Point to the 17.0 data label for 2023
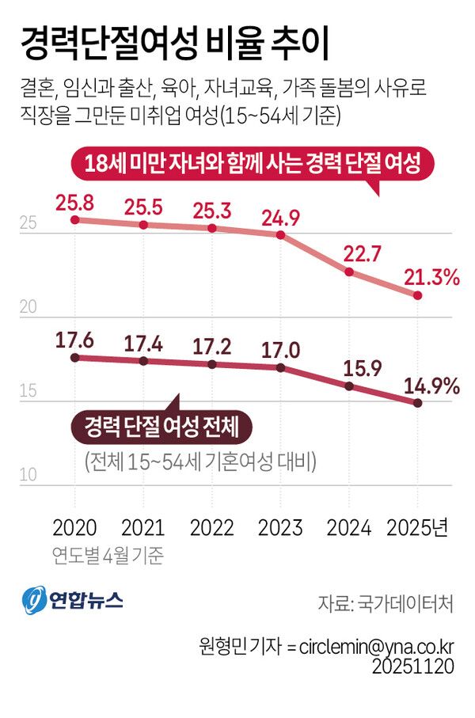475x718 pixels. pos(280,347)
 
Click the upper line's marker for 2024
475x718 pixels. pos(348,272)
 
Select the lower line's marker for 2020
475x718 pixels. pos(75,358)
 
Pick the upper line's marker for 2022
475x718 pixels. pos(211,228)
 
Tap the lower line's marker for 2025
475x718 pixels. pos(418,403)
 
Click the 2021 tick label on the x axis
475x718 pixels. pos(143,528)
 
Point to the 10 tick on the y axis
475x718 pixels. pos(29,476)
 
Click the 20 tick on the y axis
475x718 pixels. pos(29,309)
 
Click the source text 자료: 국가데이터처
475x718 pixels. pos(386,604)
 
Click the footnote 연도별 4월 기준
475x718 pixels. pos(108,555)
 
